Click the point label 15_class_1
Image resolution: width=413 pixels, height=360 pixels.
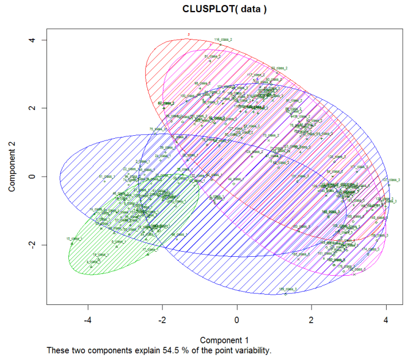(75, 238)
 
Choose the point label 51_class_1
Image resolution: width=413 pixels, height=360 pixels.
(107, 176)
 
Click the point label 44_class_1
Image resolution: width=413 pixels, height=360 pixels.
(235, 179)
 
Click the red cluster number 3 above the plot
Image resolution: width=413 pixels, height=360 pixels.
(188, 34)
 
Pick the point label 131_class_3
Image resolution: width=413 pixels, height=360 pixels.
(300, 176)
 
